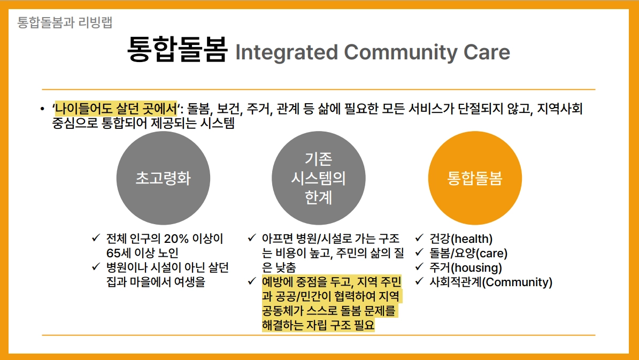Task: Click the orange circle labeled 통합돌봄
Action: [475, 178]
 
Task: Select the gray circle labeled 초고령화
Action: [164, 178]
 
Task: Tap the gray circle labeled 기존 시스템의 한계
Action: [319, 178]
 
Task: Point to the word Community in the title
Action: [401, 52]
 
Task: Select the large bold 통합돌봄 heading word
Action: [177, 50]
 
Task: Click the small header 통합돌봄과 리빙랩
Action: [65, 22]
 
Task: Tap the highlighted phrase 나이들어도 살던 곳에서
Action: [116, 109]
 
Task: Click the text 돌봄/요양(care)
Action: [468, 253]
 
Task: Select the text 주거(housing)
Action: [466, 268]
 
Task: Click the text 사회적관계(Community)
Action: [491, 282]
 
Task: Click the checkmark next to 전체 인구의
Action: [96, 238]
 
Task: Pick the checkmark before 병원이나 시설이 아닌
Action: [96, 266]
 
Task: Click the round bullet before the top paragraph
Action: [42, 109]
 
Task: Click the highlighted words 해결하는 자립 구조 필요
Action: [318, 325]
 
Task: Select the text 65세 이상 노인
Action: [143, 253]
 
